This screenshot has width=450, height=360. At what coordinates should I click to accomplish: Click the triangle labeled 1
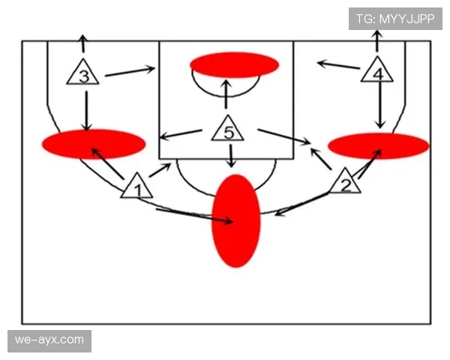(137, 187)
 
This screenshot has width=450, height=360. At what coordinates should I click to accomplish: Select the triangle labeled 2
(345, 182)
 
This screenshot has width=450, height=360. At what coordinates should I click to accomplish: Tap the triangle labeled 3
(83, 73)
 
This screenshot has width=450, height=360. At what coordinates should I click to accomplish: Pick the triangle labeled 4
(377, 71)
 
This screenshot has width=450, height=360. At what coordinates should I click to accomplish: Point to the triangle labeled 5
(228, 130)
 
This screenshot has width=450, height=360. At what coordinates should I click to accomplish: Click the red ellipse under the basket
(235, 65)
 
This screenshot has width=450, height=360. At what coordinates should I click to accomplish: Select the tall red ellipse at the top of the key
(236, 220)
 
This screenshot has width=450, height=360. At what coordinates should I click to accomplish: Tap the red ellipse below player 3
(94, 144)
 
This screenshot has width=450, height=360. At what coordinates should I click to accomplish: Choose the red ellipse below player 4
(379, 145)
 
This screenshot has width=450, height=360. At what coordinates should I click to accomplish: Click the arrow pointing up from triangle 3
(83, 43)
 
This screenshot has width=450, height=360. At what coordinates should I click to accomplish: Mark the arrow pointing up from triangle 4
(377, 40)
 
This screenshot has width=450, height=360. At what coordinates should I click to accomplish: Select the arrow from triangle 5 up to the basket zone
(226, 94)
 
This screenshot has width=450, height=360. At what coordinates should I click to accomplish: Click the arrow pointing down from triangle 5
(231, 156)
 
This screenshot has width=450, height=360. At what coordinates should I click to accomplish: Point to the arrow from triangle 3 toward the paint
(130, 71)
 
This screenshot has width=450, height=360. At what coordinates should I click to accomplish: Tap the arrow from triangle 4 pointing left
(338, 65)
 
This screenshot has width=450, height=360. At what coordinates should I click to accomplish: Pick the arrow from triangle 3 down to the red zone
(86, 111)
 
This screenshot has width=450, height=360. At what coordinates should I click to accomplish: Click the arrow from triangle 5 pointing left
(181, 134)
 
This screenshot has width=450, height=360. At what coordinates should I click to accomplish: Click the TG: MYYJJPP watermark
(395, 19)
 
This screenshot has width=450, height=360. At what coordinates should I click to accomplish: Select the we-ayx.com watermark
(49, 340)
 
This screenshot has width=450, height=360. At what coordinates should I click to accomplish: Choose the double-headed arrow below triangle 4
(380, 105)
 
